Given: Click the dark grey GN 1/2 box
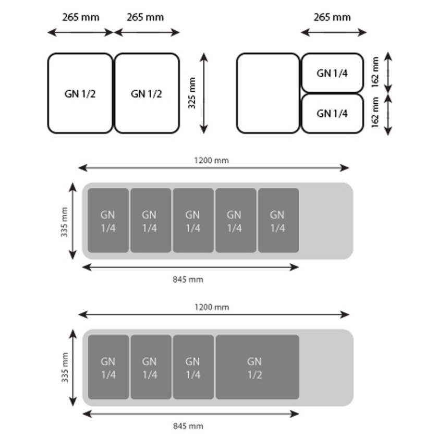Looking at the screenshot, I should pyautogui.click(x=257, y=367).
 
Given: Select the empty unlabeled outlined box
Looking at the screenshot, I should pyautogui.click(x=268, y=93).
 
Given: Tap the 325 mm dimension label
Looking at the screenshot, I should pyautogui.click(x=192, y=93).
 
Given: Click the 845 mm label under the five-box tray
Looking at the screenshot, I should pyautogui.click(x=188, y=279).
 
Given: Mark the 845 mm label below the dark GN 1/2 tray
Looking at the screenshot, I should pyautogui.click(x=188, y=427).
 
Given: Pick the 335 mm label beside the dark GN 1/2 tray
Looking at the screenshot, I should pyautogui.click(x=64, y=368).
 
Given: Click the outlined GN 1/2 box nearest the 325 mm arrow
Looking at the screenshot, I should pyautogui.click(x=147, y=93).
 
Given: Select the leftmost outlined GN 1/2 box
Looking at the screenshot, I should pyautogui.click(x=80, y=93).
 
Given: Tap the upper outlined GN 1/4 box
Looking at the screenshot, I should pyautogui.click(x=332, y=73).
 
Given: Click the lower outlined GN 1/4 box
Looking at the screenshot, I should pyautogui.click(x=332, y=113).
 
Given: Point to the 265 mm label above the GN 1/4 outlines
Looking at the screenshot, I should pyautogui.click(x=332, y=17).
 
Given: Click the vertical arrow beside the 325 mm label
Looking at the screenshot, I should pyautogui.click(x=204, y=93).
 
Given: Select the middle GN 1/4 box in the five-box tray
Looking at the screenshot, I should pyautogui.click(x=193, y=221).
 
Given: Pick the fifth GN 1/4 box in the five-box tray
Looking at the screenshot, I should pyautogui.click(x=278, y=221).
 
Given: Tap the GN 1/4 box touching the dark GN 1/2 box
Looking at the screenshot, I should pyautogui.click(x=193, y=367).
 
